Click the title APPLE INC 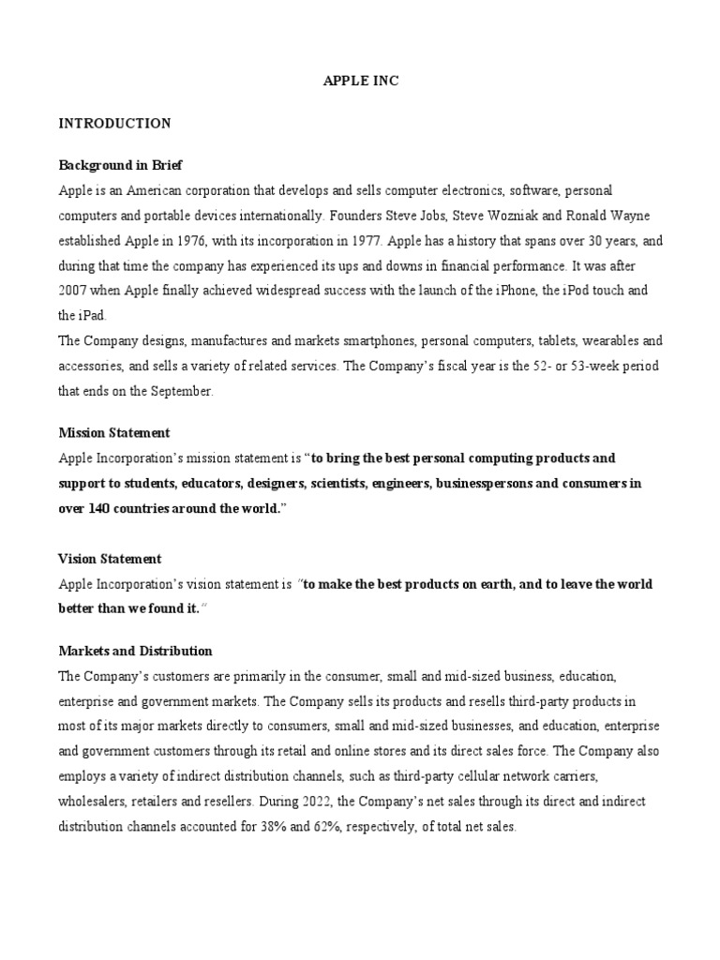coord(361,82)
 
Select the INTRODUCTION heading coord(114,123)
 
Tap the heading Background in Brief coord(120,165)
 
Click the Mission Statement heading coord(114,433)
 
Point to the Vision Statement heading coord(110,559)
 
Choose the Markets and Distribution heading coord(135,651)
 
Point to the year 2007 coord(76,291)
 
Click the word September coord(176,391)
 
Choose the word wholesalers coord(94,802)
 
